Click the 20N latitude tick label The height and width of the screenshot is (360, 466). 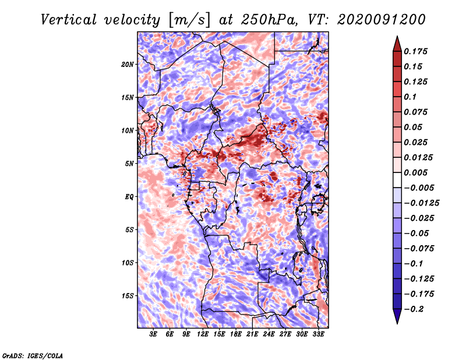[x=128, y=64]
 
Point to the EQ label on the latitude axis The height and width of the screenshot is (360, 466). [x=129, y=196]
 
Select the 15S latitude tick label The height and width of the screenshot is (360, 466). [x=128, y=295]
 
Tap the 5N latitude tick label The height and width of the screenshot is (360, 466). [x=129, y=163]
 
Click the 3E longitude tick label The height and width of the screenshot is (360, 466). [x=154, y=335]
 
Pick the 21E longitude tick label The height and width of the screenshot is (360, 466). [x=253, y=335]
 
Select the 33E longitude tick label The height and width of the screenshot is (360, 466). [x=319, y=335]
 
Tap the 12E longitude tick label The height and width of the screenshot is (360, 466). [x=203, y=335]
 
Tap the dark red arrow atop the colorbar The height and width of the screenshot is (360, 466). [x=397, y=43]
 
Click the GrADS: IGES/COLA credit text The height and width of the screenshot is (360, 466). [x=32, y=354]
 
